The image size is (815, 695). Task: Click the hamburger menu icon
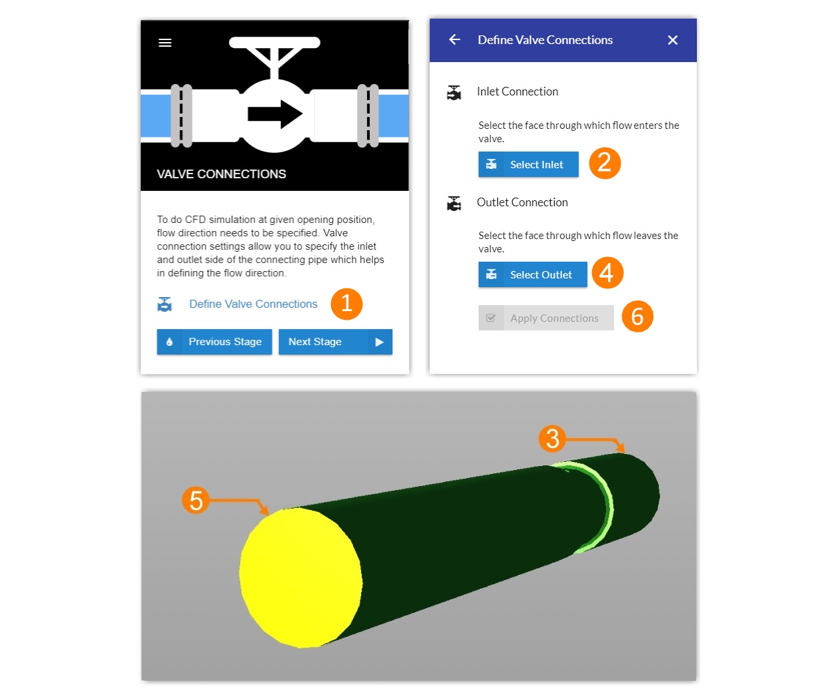coord(165,43)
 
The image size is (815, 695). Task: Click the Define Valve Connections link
coord(253,304)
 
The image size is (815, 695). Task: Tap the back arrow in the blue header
coord(455,40)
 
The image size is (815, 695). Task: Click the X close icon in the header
coord(672,40)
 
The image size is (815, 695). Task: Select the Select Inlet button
coord(528,164)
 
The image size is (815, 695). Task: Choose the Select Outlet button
coord(533,274)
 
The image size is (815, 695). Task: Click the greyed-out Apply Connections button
coord(545,318)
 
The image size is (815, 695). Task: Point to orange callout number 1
coord(346,304)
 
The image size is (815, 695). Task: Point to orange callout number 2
coord(605,163)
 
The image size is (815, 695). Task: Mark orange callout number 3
coord(552,439)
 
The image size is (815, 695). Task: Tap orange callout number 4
coord(607,272)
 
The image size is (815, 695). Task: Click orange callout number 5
coord(196,500)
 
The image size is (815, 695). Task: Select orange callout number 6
coord(637,316)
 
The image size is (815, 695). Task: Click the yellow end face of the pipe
coord(300,577)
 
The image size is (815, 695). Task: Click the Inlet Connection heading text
coord(517,91)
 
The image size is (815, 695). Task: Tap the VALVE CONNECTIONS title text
coord(221,174)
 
